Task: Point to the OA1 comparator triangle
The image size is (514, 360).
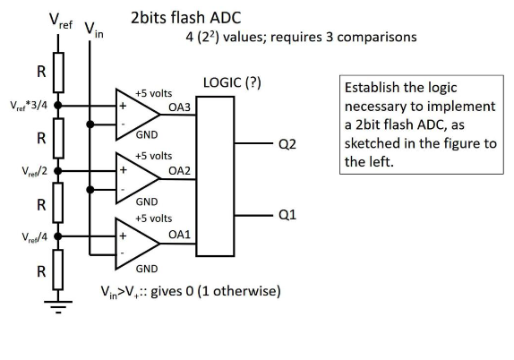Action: tap(133, 238)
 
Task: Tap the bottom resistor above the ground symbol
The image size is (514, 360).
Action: tap(59, 271)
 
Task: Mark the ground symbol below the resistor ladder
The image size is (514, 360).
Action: tap(59, 311)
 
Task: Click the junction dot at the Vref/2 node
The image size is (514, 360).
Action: tap(59, 170)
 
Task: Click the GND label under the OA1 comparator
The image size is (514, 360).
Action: tap(147, 268)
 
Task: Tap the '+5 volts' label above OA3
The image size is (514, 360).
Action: tap(152, 93)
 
